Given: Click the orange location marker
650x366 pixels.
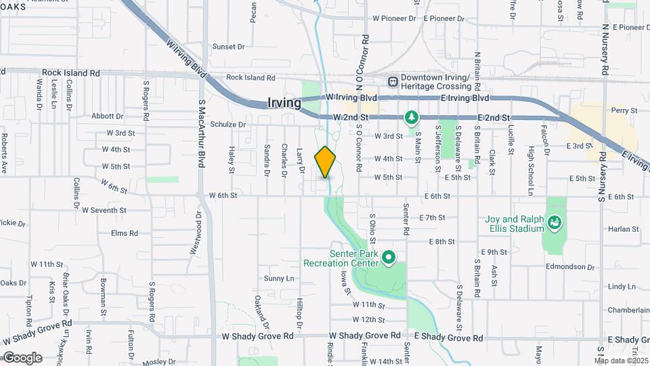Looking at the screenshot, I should pyautogui.click(x=326, y=162).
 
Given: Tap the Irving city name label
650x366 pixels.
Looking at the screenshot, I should pyautogui.click(x=284, y=103).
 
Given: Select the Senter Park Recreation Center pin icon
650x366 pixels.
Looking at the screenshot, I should pyautogui.click(x=389, y=258).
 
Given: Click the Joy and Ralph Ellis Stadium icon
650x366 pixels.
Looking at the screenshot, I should pyautogui.click(x=555, y=222).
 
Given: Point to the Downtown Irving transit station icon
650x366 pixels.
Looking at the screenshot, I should pyautogui.click(x=393, y=81).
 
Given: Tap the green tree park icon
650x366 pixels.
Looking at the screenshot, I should pyautogui.click(x=411, y=118).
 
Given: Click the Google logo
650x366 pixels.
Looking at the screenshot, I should pyautogui.click(x=22, y=358).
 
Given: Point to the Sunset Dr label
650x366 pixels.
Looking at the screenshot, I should pyautogui.click(x=228, y=47).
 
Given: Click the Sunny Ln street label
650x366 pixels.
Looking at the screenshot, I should pyautogui.click(x=279, y=279).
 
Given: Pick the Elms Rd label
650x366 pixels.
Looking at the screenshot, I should pyautogui.click(x=125, y=233).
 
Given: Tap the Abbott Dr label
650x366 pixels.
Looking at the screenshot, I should pyautogui.click(x=107, y=117).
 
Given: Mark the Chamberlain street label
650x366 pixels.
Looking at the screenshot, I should pyautogui.click(x=628, y=310).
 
